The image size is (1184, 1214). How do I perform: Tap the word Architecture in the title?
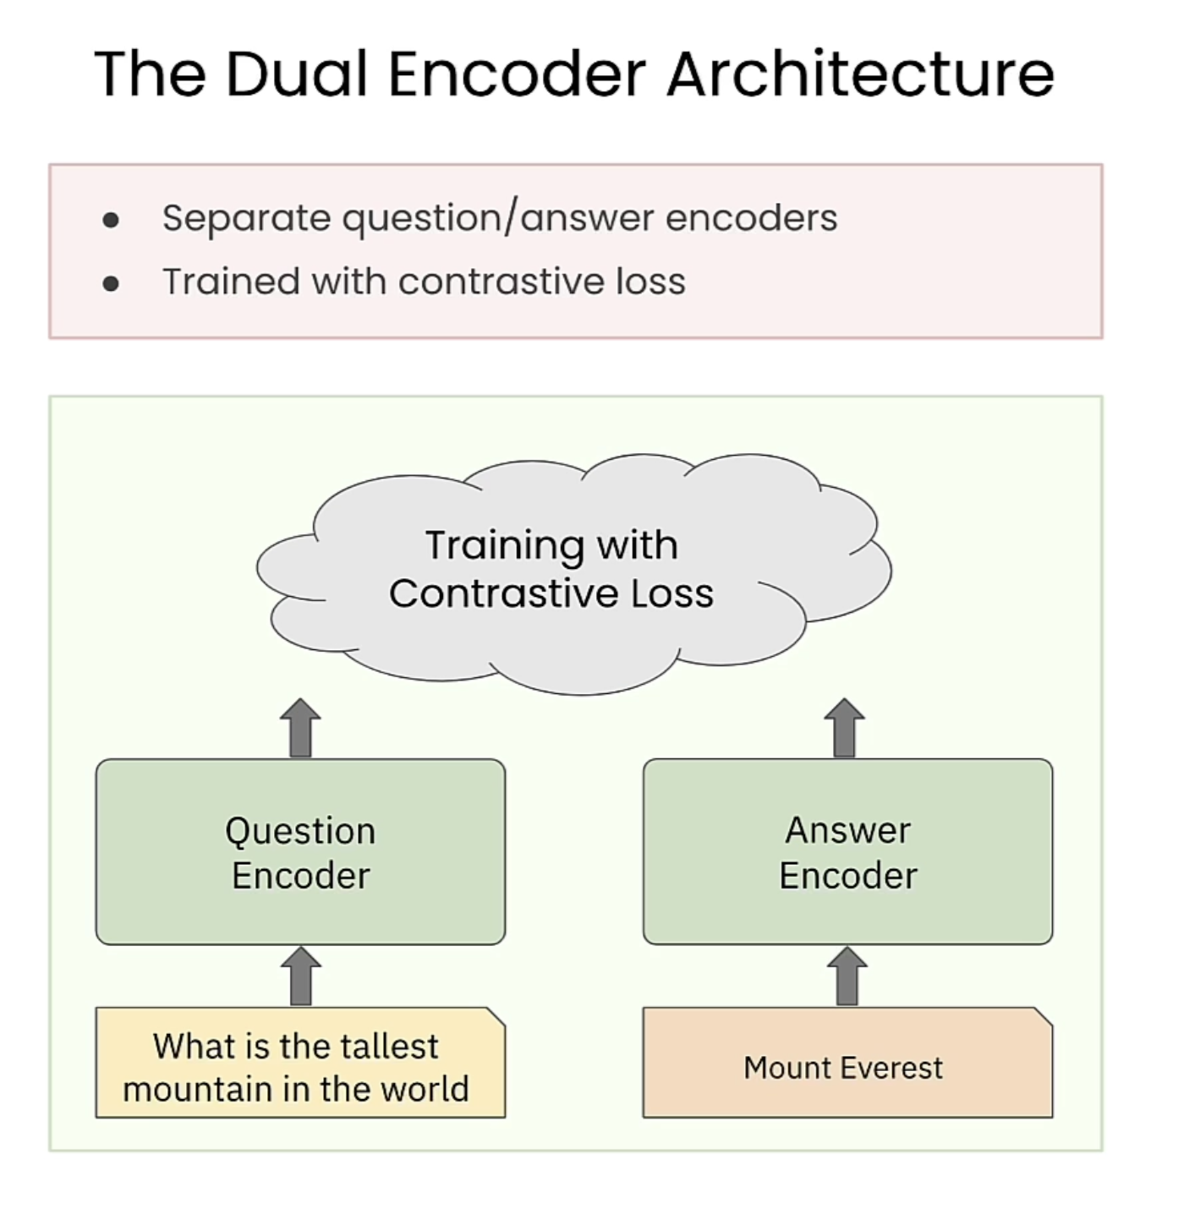[x=860, y=74]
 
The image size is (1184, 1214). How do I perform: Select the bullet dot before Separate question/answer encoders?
[x=111, y=221]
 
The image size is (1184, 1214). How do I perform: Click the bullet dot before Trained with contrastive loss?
[x=111, y=284]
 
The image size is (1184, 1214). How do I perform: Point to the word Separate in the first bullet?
[x=246, y=218]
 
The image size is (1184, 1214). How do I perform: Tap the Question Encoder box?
[x=300, y=852]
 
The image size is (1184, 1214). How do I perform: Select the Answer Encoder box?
[x=847, y=852]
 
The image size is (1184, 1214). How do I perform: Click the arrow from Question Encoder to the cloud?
[x=300, y=728]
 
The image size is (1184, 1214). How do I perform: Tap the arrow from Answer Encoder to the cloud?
[x=845, y=728]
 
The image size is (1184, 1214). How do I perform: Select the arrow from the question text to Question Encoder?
[x=300, y=976]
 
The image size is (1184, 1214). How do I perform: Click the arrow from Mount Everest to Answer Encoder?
[x=847, y=976]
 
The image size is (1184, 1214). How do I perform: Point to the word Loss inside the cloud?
[x=671, y=593]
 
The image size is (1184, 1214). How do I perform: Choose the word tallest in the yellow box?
[x=392, y=1047]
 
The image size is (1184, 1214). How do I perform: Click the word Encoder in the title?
[x=517, y=74]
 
